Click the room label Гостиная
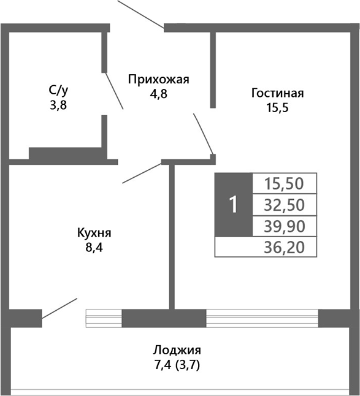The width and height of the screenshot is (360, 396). [x=277, y=93]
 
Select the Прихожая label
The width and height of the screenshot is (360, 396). [x=158, y=79]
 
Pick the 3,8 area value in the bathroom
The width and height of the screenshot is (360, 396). [x=58, y=104]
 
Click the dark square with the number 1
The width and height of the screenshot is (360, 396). [x=233, y=205]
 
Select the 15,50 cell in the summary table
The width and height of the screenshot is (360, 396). [x=285, y=183]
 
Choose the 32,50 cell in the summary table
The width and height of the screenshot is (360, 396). [x=285, y=204]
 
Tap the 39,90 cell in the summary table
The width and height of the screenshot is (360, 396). [x=285, y=226]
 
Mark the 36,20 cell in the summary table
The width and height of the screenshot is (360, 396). [x=285, y=247]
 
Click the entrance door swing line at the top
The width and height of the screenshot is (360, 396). [x=140, y=13]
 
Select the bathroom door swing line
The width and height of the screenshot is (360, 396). [x=115, y=90]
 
